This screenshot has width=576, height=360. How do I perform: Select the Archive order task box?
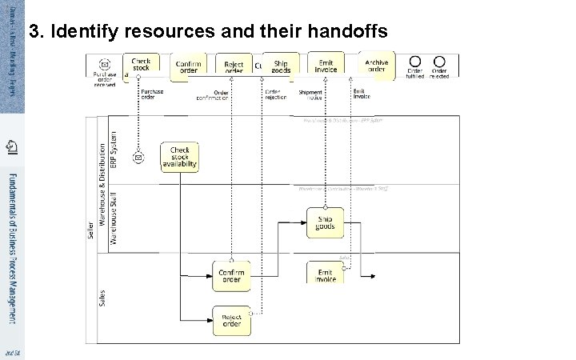pyautogui.click(x=376, y=66)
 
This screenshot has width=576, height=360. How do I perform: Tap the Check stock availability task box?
pyautogui.click(x=179, y=157)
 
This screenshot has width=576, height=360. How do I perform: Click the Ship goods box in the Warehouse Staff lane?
pyautogui.click(x=325, y=222)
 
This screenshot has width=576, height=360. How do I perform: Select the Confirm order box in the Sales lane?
pyautogui.click(x=231, y=275)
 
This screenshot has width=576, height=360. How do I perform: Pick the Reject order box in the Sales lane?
pyautogui.click(x=231, y=321)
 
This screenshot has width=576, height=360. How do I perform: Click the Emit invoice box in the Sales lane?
pyautogui.click(x=325, y=272)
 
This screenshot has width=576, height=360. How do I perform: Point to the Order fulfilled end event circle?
pyautogui.click(x=414, y=62)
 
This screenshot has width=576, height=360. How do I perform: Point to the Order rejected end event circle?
pyautogui.click(x=439, y=62)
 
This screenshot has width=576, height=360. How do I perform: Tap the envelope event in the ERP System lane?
pyautogui.click(x=138, y=158)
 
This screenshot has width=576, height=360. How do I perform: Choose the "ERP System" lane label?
pyautogui.click(x=114, y=149)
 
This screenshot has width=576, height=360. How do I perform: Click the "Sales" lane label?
pyautogui.click(x=102, y=299)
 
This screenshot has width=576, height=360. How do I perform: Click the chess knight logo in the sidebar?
pyautogui.click(x=11, y=146)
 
